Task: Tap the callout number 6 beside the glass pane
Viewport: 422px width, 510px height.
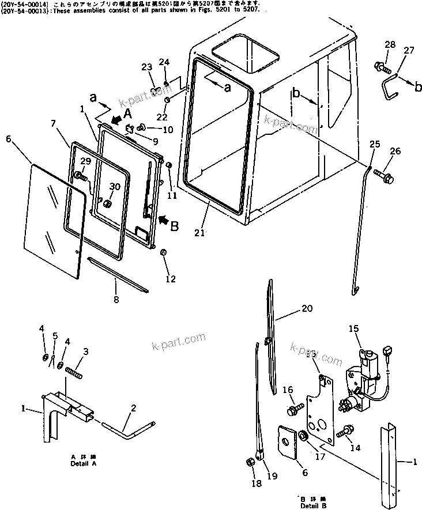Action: tap(8, 139)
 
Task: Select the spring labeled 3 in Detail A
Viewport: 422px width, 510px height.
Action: tap(75, 372)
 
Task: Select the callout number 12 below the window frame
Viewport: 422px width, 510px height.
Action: tap(170, 279)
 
